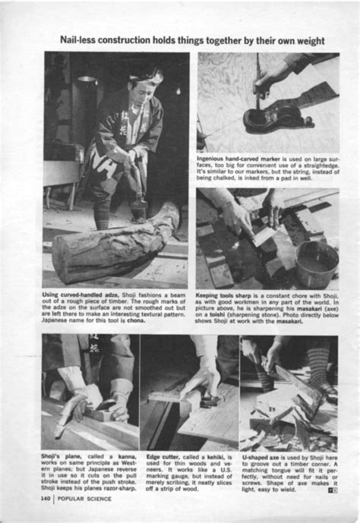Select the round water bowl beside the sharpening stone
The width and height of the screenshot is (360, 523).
(317, 263)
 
